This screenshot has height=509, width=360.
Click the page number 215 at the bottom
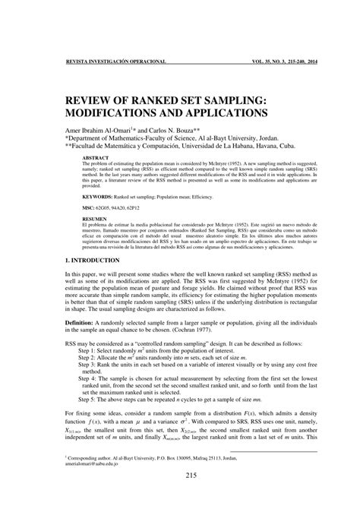[180, 476]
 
